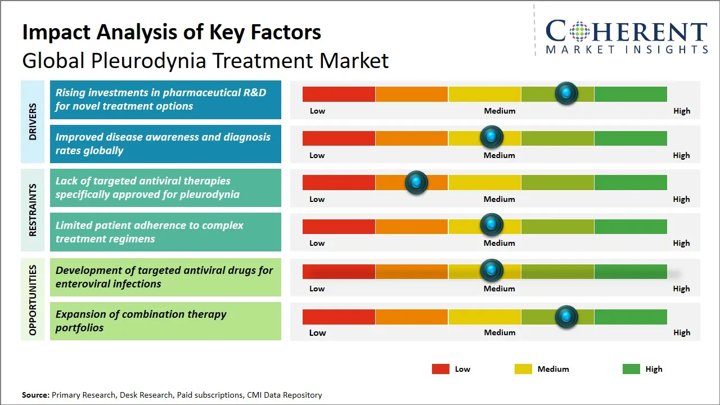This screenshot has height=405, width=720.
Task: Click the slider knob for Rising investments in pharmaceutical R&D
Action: pyautogui.click(x=566, y=93)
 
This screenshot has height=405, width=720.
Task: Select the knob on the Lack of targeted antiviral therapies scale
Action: pyautogui.click(x=416, y=182)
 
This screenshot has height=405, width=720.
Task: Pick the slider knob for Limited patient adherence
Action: pyautogui.click(x=492, y=226)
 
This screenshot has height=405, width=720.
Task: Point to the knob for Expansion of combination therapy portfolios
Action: pyautogui.click(x=566, y=317)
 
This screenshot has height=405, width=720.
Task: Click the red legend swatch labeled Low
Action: pyautogui.click(x=440, y=369)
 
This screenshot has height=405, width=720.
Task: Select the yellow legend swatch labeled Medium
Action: pyautogui.click(x=523, y=369)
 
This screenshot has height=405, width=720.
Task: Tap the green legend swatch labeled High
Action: pyautogui.click(x=631, y=369)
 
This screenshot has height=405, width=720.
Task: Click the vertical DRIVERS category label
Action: pyautogui.click(x=33, y=121)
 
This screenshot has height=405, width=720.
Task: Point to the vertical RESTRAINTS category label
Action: pyautogui.click(x=33, y=210)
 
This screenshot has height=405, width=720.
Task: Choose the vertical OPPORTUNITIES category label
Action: pyautogui.click(x=33, y=300)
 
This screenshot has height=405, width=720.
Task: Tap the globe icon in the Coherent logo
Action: pyautogui.click(x=579, y=31)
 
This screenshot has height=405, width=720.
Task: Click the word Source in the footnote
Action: pyautogui.click(x=35, y=395)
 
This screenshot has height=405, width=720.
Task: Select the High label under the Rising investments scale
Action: pyautogui.click(x=681, y=111)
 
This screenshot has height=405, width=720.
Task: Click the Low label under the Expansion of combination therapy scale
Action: pyautogui.click(x=317, y=332)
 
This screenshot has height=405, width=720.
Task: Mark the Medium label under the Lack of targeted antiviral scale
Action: pyautogui.click(x=499, y=199)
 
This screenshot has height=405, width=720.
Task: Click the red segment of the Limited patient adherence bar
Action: pyautogui.click(x=339, y=226)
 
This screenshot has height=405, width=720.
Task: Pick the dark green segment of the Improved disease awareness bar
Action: pyautogui.click(x=630, y=138)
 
